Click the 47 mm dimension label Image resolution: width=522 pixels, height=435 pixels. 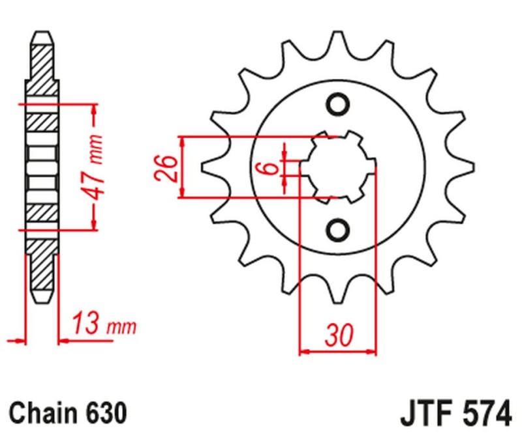pos(97,167)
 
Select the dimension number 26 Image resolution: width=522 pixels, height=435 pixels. pos(164,168)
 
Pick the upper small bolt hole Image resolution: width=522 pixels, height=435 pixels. pos(338,104)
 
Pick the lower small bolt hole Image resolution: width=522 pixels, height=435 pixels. pos(338,230)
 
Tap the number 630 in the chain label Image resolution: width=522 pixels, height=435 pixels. pos(104,412)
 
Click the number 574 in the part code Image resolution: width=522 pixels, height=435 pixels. pos(485,413)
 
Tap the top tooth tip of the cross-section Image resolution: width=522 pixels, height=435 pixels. pos(43,33)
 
